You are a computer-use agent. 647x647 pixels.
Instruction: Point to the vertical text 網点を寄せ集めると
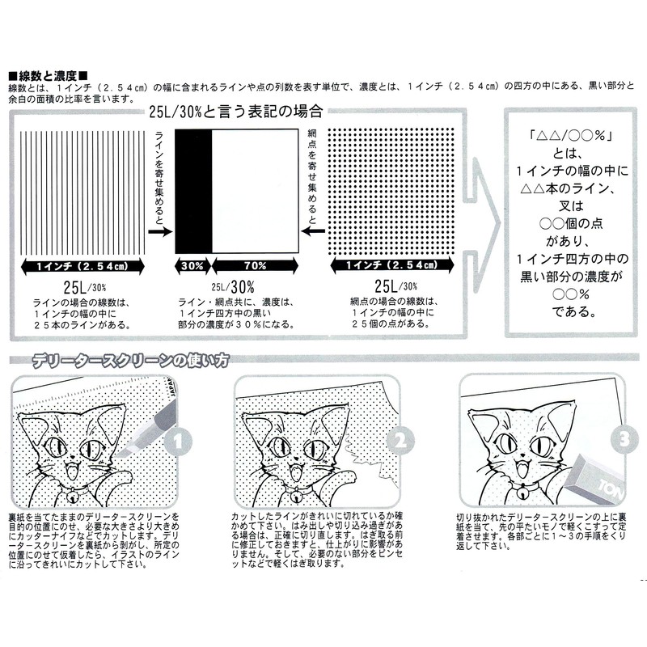312,174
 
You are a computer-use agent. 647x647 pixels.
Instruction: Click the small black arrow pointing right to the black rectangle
163,230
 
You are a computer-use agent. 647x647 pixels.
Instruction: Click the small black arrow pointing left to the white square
307,230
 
